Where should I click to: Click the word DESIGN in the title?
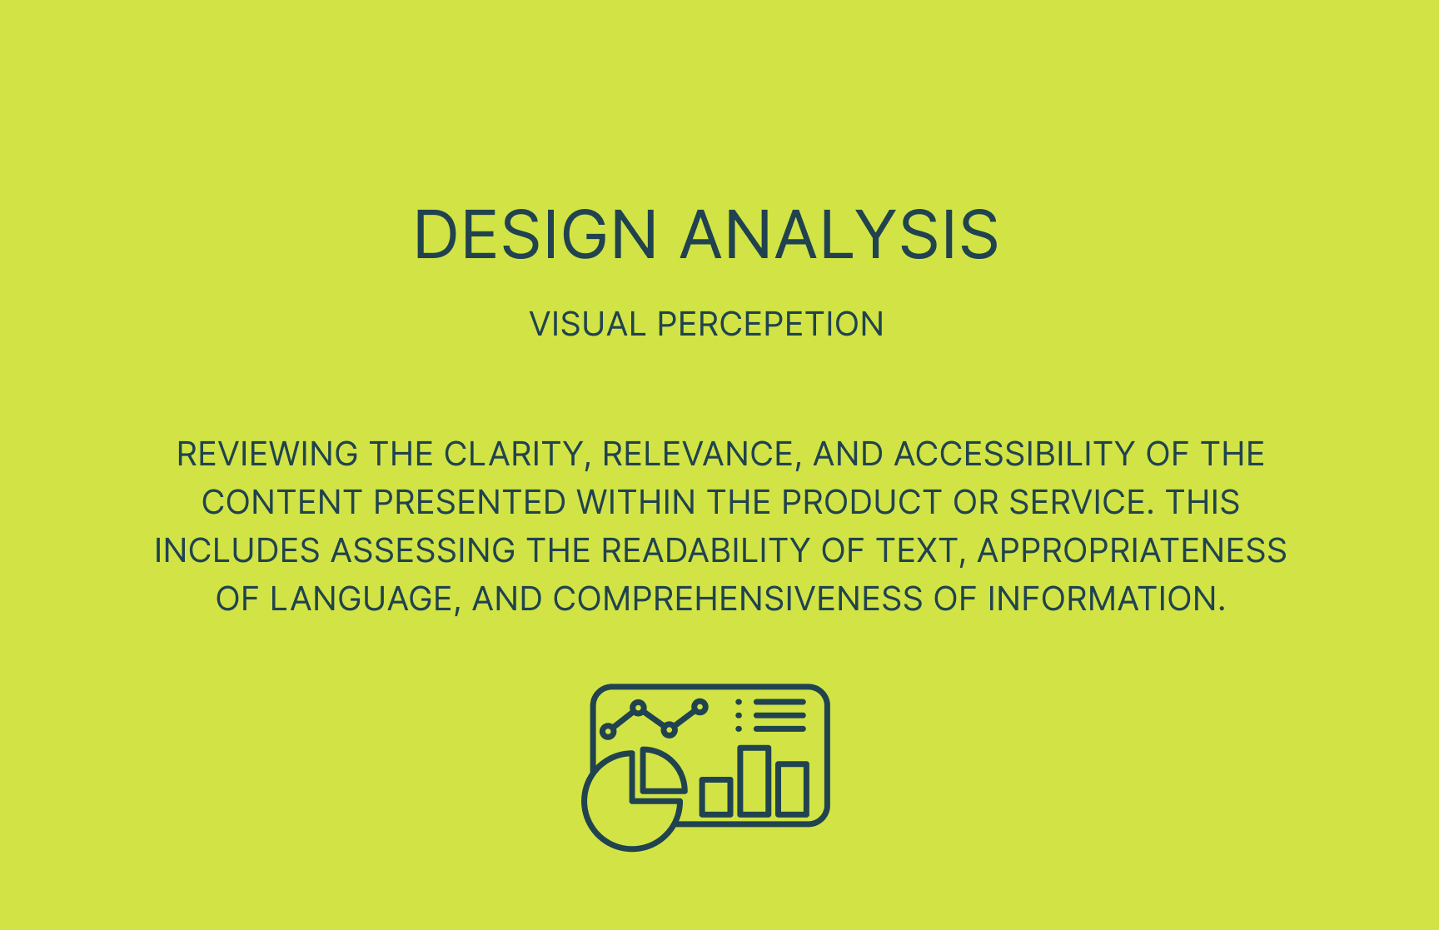(x=535, y=234)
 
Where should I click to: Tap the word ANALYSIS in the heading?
(x=839, y=234)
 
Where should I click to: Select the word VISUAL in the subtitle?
(x=588, y=324)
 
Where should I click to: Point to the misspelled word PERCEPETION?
(x=770, y=324)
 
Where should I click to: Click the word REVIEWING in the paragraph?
(x=267, y=454)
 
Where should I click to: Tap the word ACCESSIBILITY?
(x=1014, y=454)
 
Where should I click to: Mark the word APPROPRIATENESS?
(x=1132, y=550)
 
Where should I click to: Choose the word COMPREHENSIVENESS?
(x=738, y=599)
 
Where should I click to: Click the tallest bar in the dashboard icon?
(x=754, y=780)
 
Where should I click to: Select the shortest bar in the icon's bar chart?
(x=716, y=797)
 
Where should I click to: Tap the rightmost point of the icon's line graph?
(x=700, y=708)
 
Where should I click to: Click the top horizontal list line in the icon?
(x=780, y=703)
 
